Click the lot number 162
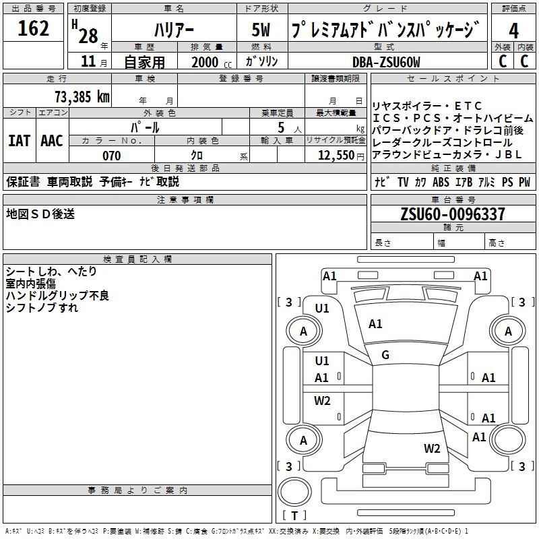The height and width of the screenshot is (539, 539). click(33, 28)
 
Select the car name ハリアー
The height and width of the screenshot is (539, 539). click(174, 30)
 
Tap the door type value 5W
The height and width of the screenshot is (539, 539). click(261, 30)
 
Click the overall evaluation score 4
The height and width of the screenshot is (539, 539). click(513, 31)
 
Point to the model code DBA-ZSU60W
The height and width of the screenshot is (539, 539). click(386, 62)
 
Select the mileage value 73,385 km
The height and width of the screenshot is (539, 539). click(82, 96)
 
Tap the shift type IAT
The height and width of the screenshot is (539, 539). click(20, 141)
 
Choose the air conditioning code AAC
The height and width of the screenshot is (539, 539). click(52, 141)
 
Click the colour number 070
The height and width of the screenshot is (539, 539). click(111, 156)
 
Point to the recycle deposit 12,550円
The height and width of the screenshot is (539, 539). click(341, 156)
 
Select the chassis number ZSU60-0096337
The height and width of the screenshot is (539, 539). click(453, 214)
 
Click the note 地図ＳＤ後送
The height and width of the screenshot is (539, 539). click(40, 214)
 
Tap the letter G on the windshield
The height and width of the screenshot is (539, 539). click(385, 355)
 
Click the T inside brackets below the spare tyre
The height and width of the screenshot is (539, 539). click(294, 515)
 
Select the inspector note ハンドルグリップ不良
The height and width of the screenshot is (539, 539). click(57, 296)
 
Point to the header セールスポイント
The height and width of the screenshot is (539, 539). click(453, 79)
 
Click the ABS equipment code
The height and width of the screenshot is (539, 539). click(441, 182)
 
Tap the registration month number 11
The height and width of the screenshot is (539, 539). click(88, 61)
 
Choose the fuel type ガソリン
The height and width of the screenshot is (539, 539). click(261, 61)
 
